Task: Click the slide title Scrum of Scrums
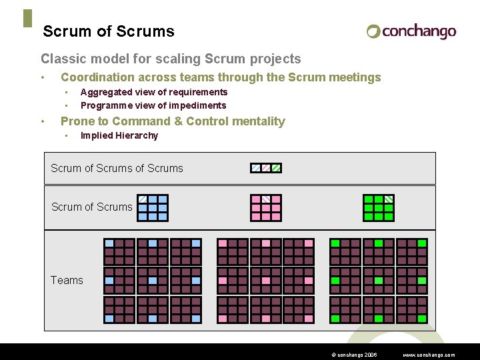(x=109, y=31)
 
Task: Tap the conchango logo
(x=411, y=31)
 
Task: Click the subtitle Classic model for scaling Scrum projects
(x=171, y=59)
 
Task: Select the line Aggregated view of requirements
(x=154, y=92)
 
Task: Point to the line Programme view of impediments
(x=153, y=105)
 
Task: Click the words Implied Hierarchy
(x=119, y=135)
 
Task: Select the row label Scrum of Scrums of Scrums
(x=117, y=168)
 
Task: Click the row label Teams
(x=67, y=280)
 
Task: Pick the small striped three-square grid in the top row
(x=266, y=168)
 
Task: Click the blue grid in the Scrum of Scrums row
(x=153, y=207)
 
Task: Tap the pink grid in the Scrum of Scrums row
(x=266, y=207)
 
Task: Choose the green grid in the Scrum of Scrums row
(x=379, y=207)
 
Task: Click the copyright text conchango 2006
(x=353, y=355)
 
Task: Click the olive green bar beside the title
(x=27, y=19)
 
